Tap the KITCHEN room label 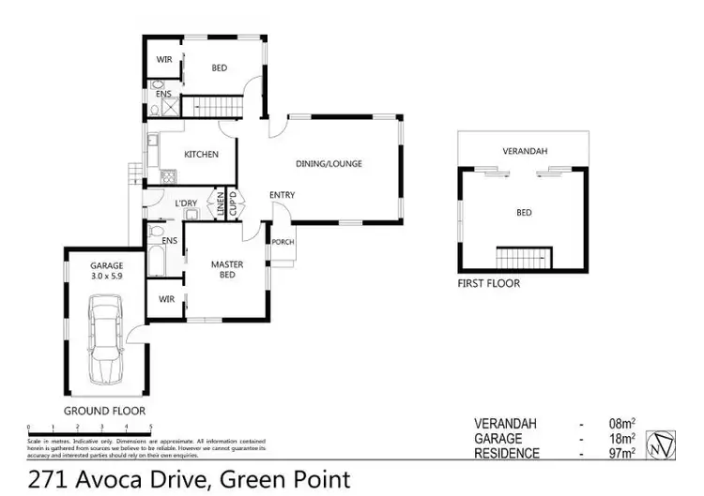coord(201,155)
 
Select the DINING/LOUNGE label coord(329,163)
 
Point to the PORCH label coord(283,242)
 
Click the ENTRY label coord(282,195)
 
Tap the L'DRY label coord(185,203)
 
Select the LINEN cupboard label coord(222,204)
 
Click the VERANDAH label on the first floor coord(526,150)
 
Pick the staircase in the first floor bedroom coord(524,255)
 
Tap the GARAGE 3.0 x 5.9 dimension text coord(106,271)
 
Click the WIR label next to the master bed coord(166,300)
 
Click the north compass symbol coord(667,440)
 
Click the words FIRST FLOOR coord(488,283)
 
